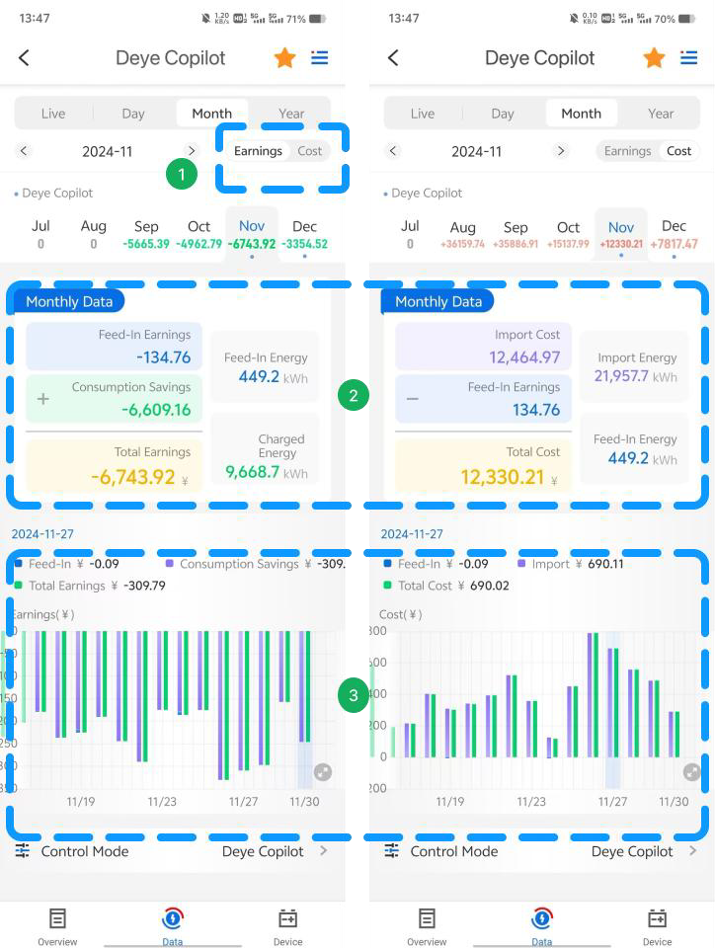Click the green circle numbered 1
[180, 175]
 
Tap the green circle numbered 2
[353, 396]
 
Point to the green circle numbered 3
[353, 695]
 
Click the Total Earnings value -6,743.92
[133, 477]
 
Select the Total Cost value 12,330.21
[502, 477]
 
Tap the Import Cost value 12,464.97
[524, 357]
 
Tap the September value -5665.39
[146, 244]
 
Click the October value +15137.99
[568, 244]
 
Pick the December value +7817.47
[674, 244]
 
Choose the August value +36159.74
[462, 244]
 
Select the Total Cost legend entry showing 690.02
[446, 586]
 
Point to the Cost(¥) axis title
[400, 614]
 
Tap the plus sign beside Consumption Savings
[42, 399]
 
